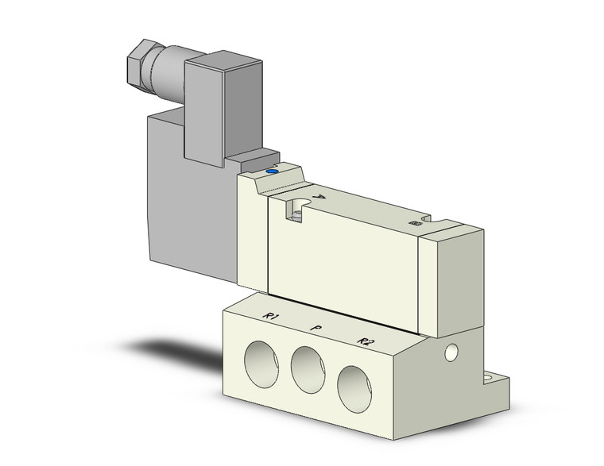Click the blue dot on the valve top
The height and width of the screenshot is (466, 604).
273,170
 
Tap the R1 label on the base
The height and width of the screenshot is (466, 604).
273,319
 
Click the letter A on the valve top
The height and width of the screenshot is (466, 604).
319,197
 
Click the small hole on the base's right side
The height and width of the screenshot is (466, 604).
453,350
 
